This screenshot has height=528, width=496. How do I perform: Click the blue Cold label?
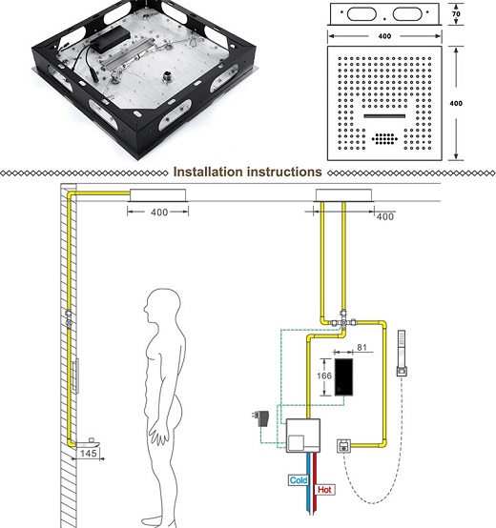pyautogui.click(x=299, y=480)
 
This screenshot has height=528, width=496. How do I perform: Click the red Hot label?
pyautogui.click(x=325, y=489)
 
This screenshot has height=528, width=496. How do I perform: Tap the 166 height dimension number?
pyautogui.click(x=324, y=376)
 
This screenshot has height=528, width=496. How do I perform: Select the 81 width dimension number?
pyautogui.click(x=362, y=347)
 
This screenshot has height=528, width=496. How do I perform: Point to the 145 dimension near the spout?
pyautogui.click(x=89, y=454)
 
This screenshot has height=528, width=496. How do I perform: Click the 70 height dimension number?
pyautogui.click(x=456, y=14)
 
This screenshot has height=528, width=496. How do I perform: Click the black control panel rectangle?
pyautogui.click(x=343, y=376)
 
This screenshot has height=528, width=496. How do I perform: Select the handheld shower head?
pyautogui.click(x=402, y=353)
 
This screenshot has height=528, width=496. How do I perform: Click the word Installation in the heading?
pyautogui.click(x=208, y=173)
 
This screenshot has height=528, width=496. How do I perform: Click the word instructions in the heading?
pyautogui.click(x=285, y=173)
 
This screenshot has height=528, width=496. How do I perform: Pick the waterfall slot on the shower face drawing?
pyautogui.click(x=384, y=116)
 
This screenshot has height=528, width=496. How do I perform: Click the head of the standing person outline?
pyautogui.click(x=162, y=304)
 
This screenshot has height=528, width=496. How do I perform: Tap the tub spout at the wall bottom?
pyautogui.click(x=89, y=443)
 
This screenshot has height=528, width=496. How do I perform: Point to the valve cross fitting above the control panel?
pyautogui.click(x=343, y=321)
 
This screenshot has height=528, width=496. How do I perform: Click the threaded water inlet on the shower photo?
pyautogui.click(x=168, y=76)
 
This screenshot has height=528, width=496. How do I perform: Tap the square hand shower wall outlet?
pyautogui.click(x=343, y=446)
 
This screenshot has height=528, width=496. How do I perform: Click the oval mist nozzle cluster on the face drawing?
pyautogui.click(x=384, y=138)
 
